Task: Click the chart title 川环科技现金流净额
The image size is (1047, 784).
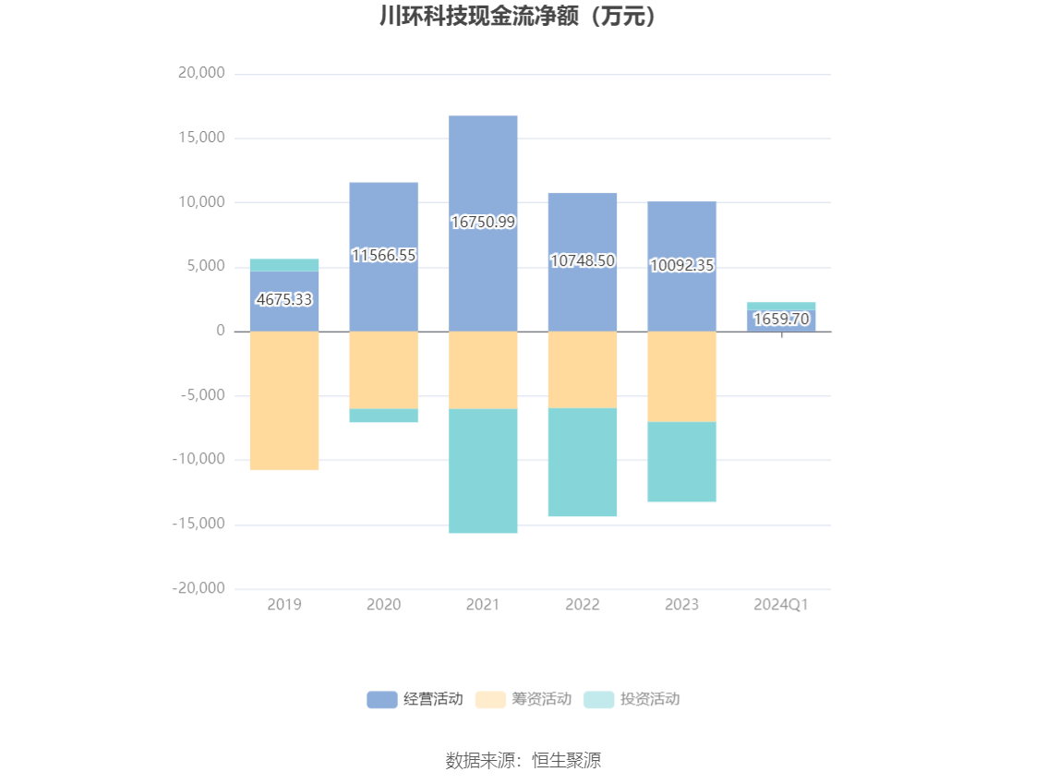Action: [523, 17]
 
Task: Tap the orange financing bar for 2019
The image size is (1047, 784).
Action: [284, 400]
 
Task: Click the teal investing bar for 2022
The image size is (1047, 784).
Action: [583, 462]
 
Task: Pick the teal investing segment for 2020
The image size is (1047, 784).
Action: [383, 416]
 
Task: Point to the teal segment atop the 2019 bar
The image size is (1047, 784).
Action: [284, 265]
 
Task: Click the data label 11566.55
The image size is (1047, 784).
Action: [383, 256]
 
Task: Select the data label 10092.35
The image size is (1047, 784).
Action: [681, 266]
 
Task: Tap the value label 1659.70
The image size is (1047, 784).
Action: [781, 320]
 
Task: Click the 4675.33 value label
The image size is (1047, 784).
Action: [284, 299]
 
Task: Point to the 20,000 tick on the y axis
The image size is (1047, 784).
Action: [200, 74]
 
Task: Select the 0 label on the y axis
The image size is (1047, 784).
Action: [221, 331]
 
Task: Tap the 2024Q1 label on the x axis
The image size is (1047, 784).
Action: [781, 605]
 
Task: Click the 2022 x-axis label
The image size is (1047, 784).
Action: [583, 605]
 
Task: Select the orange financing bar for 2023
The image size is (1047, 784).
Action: [681, 376]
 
